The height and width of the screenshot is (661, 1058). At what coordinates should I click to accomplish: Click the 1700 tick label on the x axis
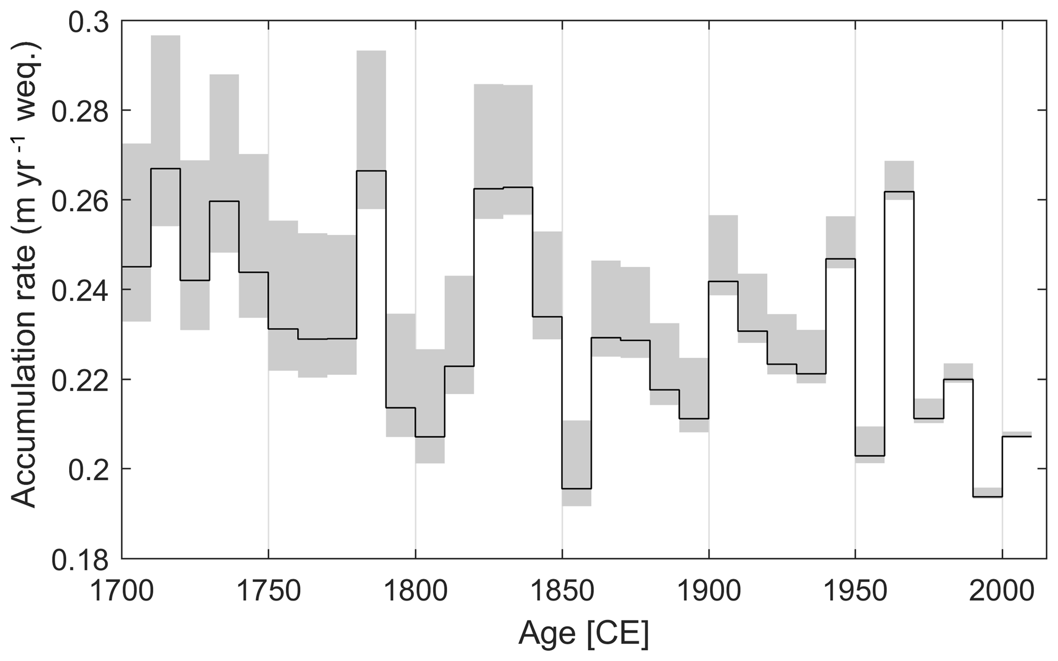(122, 591)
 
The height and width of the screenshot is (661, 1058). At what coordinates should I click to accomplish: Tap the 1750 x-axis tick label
(268, 591)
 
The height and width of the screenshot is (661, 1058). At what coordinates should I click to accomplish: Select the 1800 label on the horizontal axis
(415, 591)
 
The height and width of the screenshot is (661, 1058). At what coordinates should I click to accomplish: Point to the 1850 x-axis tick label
(562, 591)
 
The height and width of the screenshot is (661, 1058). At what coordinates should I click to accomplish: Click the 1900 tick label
(709, 591)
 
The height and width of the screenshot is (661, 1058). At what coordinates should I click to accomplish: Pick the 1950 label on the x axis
(855, 591)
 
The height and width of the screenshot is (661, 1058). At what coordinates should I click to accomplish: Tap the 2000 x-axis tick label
(1002, 591)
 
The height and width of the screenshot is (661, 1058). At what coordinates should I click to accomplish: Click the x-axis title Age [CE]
(584, 633)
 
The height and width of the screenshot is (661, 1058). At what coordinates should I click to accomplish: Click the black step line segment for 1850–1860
(577, 488)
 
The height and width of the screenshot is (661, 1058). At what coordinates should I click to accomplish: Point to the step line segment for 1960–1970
(899, 191)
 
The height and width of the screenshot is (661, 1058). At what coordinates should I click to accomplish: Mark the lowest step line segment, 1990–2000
(987, 497)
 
